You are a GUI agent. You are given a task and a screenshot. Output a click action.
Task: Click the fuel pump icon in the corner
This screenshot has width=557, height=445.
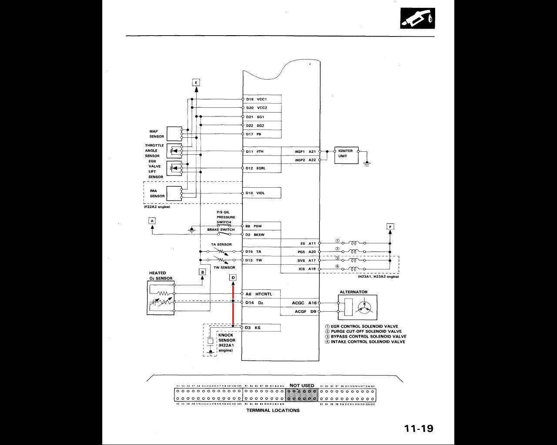(417, 18)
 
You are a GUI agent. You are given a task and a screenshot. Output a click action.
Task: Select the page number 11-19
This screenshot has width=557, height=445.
(419, 428)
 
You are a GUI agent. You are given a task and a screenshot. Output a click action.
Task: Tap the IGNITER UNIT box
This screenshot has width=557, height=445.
(346, 155)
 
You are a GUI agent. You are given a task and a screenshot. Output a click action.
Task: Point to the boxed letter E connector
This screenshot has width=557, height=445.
(196, 82)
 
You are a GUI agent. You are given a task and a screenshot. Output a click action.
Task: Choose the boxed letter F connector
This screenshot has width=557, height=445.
(390, 226)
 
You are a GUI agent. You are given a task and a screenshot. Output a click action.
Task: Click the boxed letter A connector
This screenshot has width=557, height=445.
(152, 221)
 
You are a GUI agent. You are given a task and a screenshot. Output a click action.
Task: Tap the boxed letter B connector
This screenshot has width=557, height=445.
(202, 272)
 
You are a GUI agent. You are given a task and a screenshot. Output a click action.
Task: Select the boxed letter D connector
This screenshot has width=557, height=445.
(233, 278)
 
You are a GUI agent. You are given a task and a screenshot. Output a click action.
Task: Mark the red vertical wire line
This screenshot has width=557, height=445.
(233, 304)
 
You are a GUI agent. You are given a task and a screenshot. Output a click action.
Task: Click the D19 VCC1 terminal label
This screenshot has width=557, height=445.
(256, 99)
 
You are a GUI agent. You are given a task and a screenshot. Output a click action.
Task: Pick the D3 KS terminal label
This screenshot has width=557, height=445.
(252, 328)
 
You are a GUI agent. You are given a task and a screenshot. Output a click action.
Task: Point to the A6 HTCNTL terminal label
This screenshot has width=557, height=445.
(258, 294)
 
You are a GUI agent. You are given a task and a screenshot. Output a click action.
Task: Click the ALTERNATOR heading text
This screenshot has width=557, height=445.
(353, 292)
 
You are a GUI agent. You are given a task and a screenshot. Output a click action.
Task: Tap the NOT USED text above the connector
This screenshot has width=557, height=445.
(302, 385)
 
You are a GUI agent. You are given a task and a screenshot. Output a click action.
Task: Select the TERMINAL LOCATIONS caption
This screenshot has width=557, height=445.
(273, 410)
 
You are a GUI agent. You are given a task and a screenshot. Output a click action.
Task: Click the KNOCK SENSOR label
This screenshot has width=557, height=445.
(226, 338)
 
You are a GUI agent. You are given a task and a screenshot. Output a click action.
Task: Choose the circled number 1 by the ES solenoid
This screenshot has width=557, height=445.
(337, 241)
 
